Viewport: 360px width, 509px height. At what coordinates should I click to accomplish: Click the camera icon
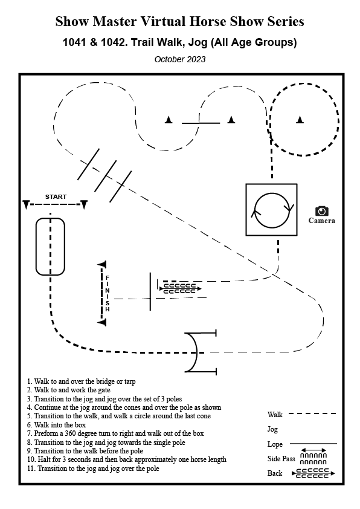tap(322, 211)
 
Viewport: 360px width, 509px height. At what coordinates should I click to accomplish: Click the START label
tap(56, 196)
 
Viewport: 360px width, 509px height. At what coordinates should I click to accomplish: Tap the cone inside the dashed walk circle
tap(300, 120)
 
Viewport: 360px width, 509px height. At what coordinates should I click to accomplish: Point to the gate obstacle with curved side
tap(196, 352)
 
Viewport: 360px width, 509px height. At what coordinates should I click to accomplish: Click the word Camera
tap(322, 221)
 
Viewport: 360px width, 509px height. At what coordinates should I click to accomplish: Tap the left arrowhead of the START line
tap(26, 205)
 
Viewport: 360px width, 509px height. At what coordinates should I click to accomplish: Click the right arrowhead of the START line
tap(84, 205)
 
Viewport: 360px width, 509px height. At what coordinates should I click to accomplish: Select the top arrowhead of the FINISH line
tap(102, 265)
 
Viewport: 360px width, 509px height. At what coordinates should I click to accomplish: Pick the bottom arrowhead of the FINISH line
tap(102, 322)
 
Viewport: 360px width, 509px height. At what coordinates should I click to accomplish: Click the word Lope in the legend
tap(275, 444)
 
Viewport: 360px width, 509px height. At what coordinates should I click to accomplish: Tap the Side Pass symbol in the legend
tap(313, 456)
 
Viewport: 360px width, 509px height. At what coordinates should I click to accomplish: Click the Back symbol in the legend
tap(313, 473)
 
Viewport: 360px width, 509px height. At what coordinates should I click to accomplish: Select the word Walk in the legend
tap(275, 415)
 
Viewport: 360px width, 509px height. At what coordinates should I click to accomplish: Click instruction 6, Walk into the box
tap(56, 425)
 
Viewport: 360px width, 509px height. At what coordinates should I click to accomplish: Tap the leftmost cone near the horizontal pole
tap(169, 120)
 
